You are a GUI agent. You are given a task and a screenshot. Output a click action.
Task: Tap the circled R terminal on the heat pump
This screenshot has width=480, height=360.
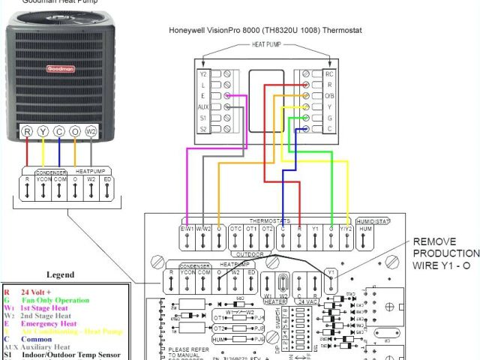tap(28, 132)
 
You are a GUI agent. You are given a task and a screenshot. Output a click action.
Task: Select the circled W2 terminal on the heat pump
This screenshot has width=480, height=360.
tap(92, 132)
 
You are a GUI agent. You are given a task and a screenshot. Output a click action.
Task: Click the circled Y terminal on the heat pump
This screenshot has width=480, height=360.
tap(43, 132)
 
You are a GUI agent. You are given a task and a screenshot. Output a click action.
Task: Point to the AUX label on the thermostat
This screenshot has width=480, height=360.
tap(202, 108)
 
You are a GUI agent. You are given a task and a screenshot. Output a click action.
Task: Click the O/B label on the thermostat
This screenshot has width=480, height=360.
tap(328, 97)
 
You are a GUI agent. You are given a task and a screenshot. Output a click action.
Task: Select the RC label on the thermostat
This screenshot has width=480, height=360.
tap(328, 74)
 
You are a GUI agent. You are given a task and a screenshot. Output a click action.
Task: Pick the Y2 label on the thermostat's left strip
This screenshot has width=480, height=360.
tap(202, 74)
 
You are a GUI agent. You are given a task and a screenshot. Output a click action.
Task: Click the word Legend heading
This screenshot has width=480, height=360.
tap(60, 274)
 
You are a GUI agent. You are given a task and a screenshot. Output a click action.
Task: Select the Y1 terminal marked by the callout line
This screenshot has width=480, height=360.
tap(331, 271)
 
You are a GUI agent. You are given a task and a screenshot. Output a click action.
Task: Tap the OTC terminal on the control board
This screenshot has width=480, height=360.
tap(235, 229)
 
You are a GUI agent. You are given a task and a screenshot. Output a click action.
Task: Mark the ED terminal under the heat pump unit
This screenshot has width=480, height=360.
tap(108, 180)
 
